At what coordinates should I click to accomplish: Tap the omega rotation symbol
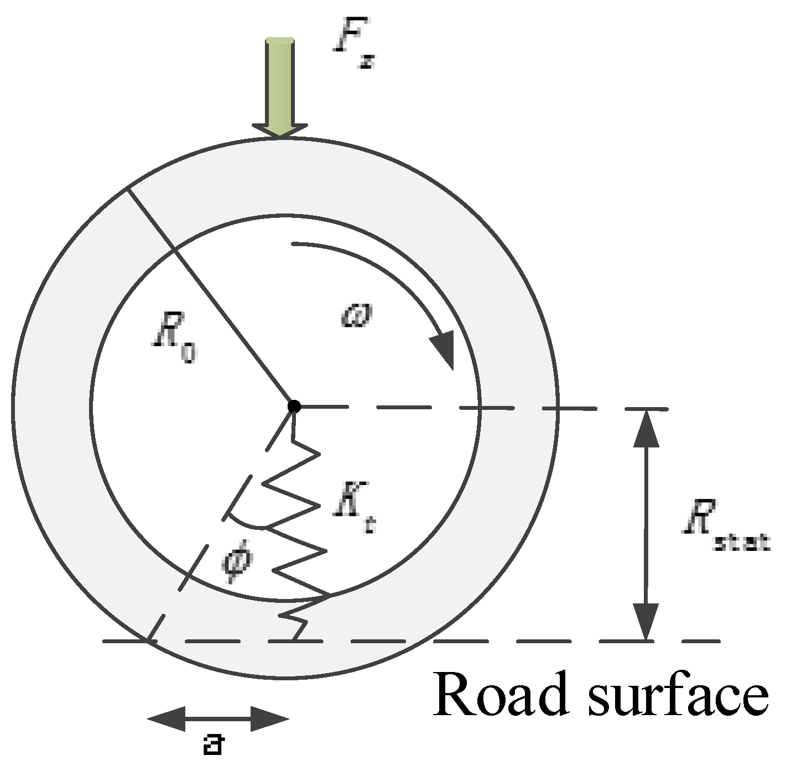point(357,316)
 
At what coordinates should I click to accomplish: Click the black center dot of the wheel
point(294,407)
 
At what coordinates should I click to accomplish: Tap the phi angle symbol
point(238,561)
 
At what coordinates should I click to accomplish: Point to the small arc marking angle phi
point(246,523)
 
